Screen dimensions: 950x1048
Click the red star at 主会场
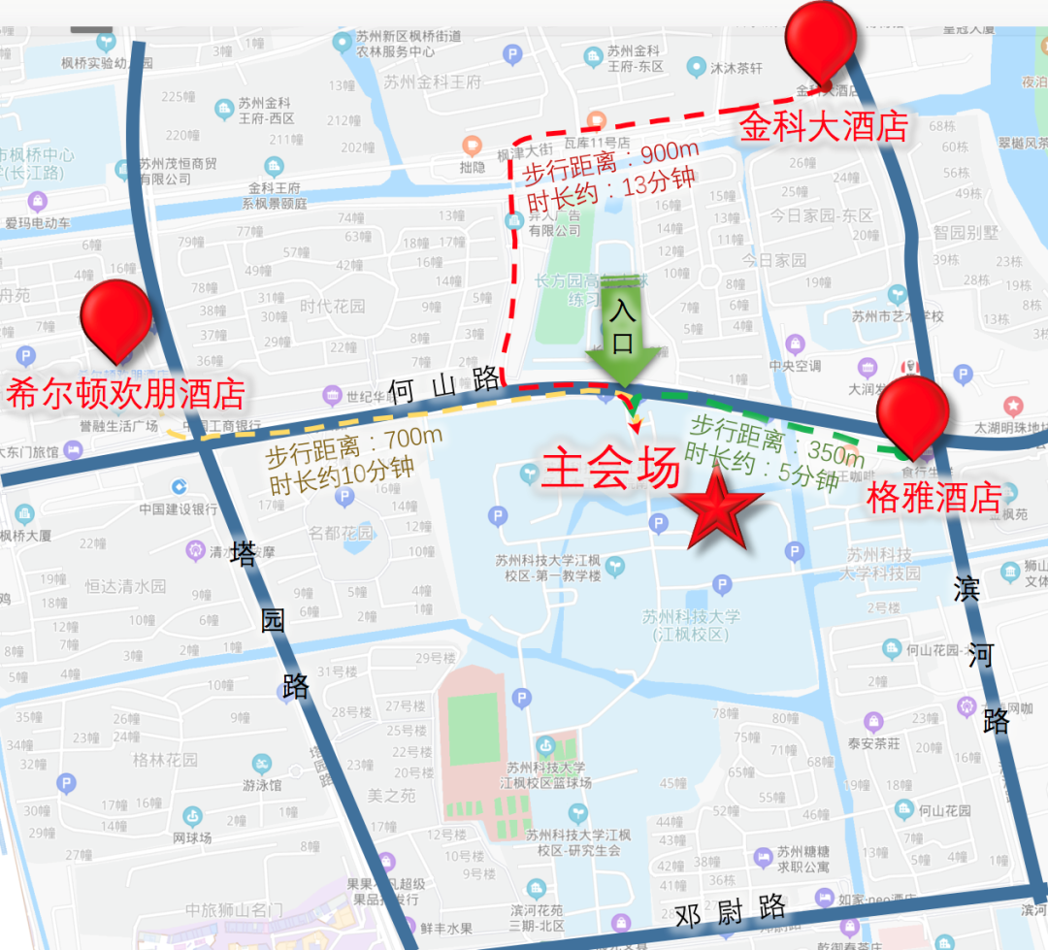tap(718, 508)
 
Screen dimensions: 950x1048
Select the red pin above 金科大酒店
tap(821, 42)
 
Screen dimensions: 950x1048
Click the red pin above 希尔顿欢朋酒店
tap(116, 317)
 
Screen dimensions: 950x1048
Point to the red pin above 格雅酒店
tap(912, 412)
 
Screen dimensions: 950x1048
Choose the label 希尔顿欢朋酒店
tap(125, 394)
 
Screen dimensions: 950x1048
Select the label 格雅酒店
tap(933, 499)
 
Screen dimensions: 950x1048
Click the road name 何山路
tap(443, 387)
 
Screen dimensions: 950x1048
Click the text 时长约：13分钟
tap(598, 194)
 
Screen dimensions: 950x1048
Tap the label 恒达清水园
tap(126, 586)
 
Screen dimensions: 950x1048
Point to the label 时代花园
tap(333, 306)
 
